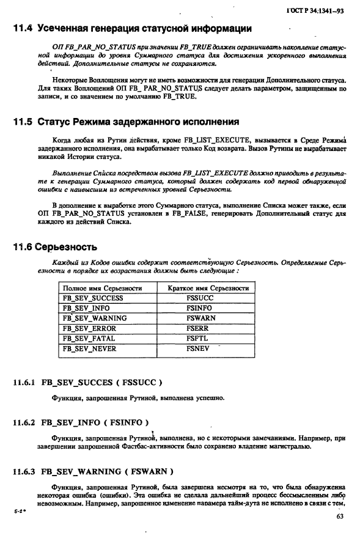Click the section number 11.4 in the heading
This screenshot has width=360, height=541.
(x=23, y=28)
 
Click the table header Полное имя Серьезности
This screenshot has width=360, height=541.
(x=102, y=288)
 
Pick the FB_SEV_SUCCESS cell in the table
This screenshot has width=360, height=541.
(x=93, y=298)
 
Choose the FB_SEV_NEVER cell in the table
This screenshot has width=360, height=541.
(x=89, y=348)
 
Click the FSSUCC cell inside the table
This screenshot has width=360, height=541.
(x=200, y=298)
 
